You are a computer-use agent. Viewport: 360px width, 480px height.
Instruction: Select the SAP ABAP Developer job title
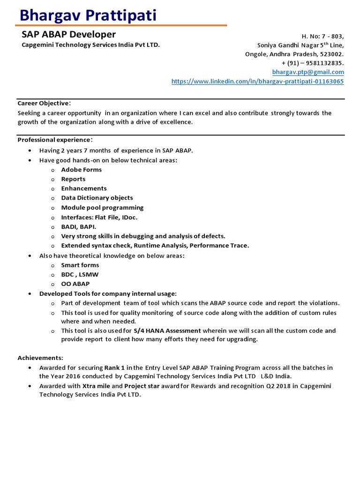pyautogui.click(x=68, y=35)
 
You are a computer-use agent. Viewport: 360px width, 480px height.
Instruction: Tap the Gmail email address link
pyautogui.click(x=308, y=72)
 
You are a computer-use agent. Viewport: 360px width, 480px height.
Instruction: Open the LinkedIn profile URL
pyautogui.click(x=257, y=82)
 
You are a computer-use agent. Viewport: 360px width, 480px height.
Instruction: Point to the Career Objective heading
pyautogui.click(x=44, y=103)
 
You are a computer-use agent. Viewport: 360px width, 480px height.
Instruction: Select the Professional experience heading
pyautogui.click(x=54, y=140)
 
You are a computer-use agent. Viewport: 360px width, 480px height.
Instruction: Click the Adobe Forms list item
pyautogui.click(x=81, y=170)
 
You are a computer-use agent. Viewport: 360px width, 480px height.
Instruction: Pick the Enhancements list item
pyautogui.click(x=84, y=188)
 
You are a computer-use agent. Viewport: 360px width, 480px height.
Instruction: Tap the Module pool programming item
pyautogui.click(x=102, y=208)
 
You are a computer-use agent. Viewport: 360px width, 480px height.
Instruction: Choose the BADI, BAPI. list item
pyautogui.click(x=79, y=226)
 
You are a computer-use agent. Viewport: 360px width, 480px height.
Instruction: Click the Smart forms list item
pyautogui.click(x=80, y=265)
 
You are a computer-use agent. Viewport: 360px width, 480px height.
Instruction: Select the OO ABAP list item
pyautogui.click(x=75, y=284)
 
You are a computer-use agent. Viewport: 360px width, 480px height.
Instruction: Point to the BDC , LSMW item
pyautogui.click(x=80, y=274)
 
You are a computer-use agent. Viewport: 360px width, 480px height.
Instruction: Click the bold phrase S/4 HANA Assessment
pyautogui.click(x=167, y=330)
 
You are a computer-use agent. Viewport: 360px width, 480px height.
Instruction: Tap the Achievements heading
pyautogui.click(x=40, y=358)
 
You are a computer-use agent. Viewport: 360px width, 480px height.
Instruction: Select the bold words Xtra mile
pyautogui.click(x=96, y=386)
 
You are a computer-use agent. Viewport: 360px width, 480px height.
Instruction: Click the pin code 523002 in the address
pyautogui.click(x=332, y=54)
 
